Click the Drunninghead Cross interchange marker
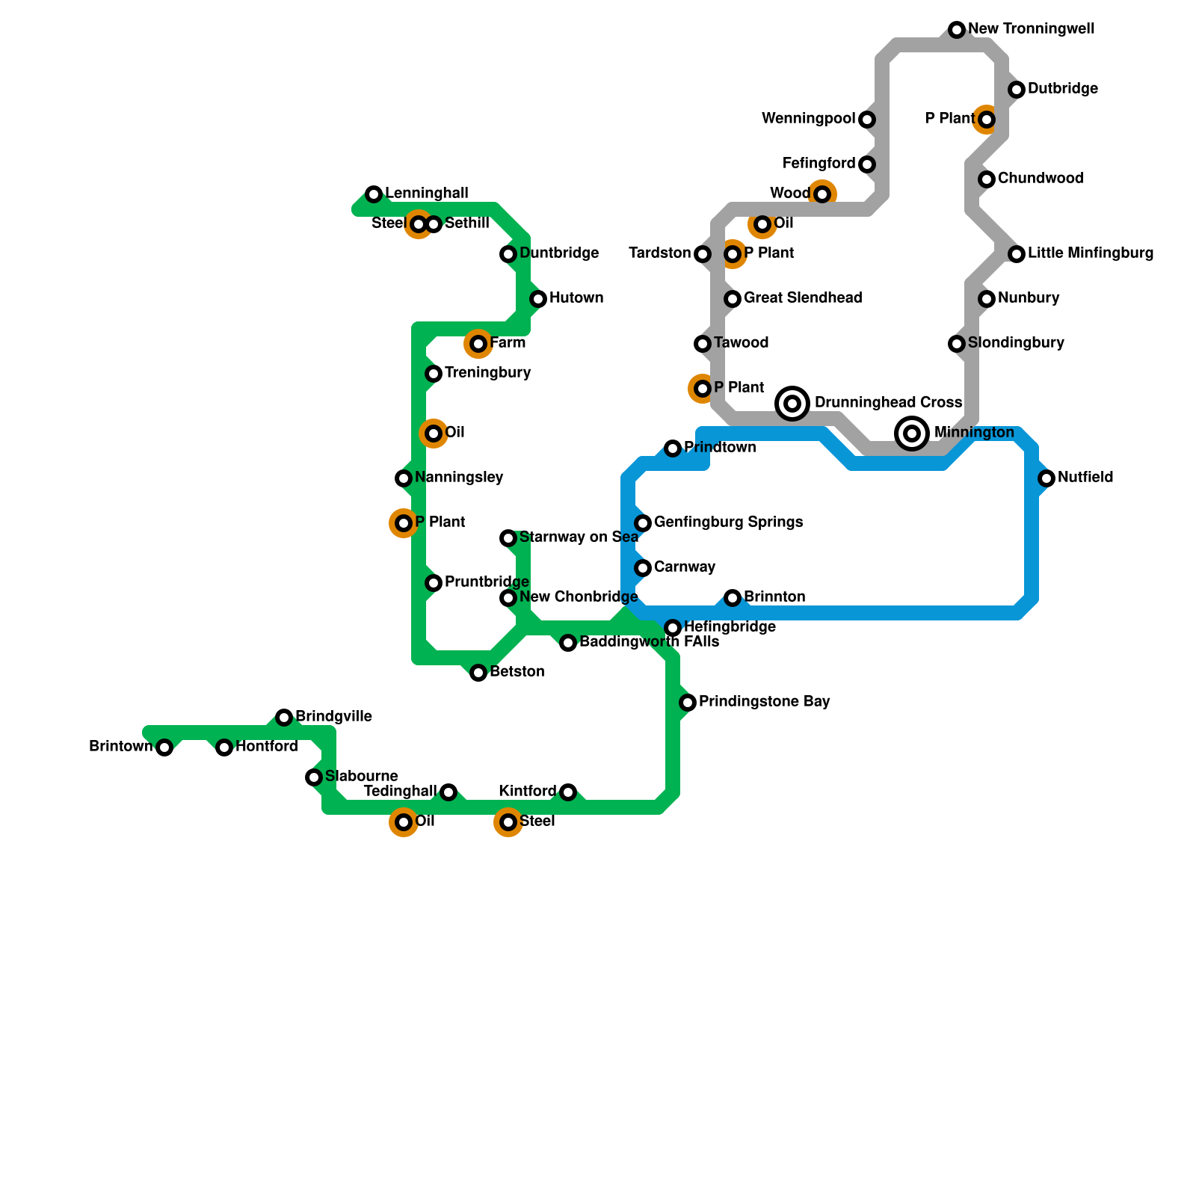click(x=792, y=404)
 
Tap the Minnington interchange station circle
click(x=912, y=434)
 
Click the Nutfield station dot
click(x=1046, y=478)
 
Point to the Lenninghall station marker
click(x=374, y=194)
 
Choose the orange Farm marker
click(x=478, y=344)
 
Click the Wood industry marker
click(x=822, y=194)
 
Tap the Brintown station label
click(x=120, y=747)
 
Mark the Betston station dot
click(x=478, y=673)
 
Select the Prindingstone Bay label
click(x=764, y=702)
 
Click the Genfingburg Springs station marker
click(x=643, y=523)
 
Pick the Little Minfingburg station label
click(x=1090, y=253)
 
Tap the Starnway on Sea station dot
click(x=508, y=538)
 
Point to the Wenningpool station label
click(x=808, y=119)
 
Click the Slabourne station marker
click(x=314, y=777)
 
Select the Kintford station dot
click(x=568, y=792)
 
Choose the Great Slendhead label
click(x=802, y=298)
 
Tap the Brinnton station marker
click(x=733, y=598)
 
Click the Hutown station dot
click(x=538, y=299)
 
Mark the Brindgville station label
click(x=333, y=717)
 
